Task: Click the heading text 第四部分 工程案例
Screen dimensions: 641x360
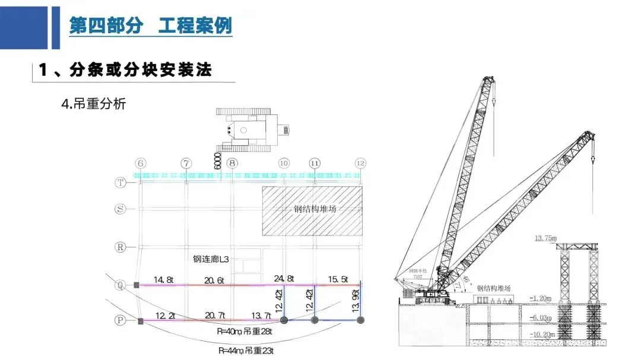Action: coord(150,26)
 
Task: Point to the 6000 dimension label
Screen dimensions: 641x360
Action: coord(217,160)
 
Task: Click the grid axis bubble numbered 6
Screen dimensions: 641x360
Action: coord(141,163)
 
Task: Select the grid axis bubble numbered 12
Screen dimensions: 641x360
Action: coord(360,163)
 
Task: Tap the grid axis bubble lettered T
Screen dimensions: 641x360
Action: coord(121,183)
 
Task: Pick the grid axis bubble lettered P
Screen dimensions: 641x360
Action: coord(120,321)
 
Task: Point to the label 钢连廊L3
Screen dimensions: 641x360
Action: coord(211,259)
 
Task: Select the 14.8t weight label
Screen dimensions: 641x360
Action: coord(163,279)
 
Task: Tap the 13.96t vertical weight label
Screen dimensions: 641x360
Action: coord(356,301)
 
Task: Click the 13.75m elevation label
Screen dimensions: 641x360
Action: coord(546,238)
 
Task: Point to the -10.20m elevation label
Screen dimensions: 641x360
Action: coord(540,334)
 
